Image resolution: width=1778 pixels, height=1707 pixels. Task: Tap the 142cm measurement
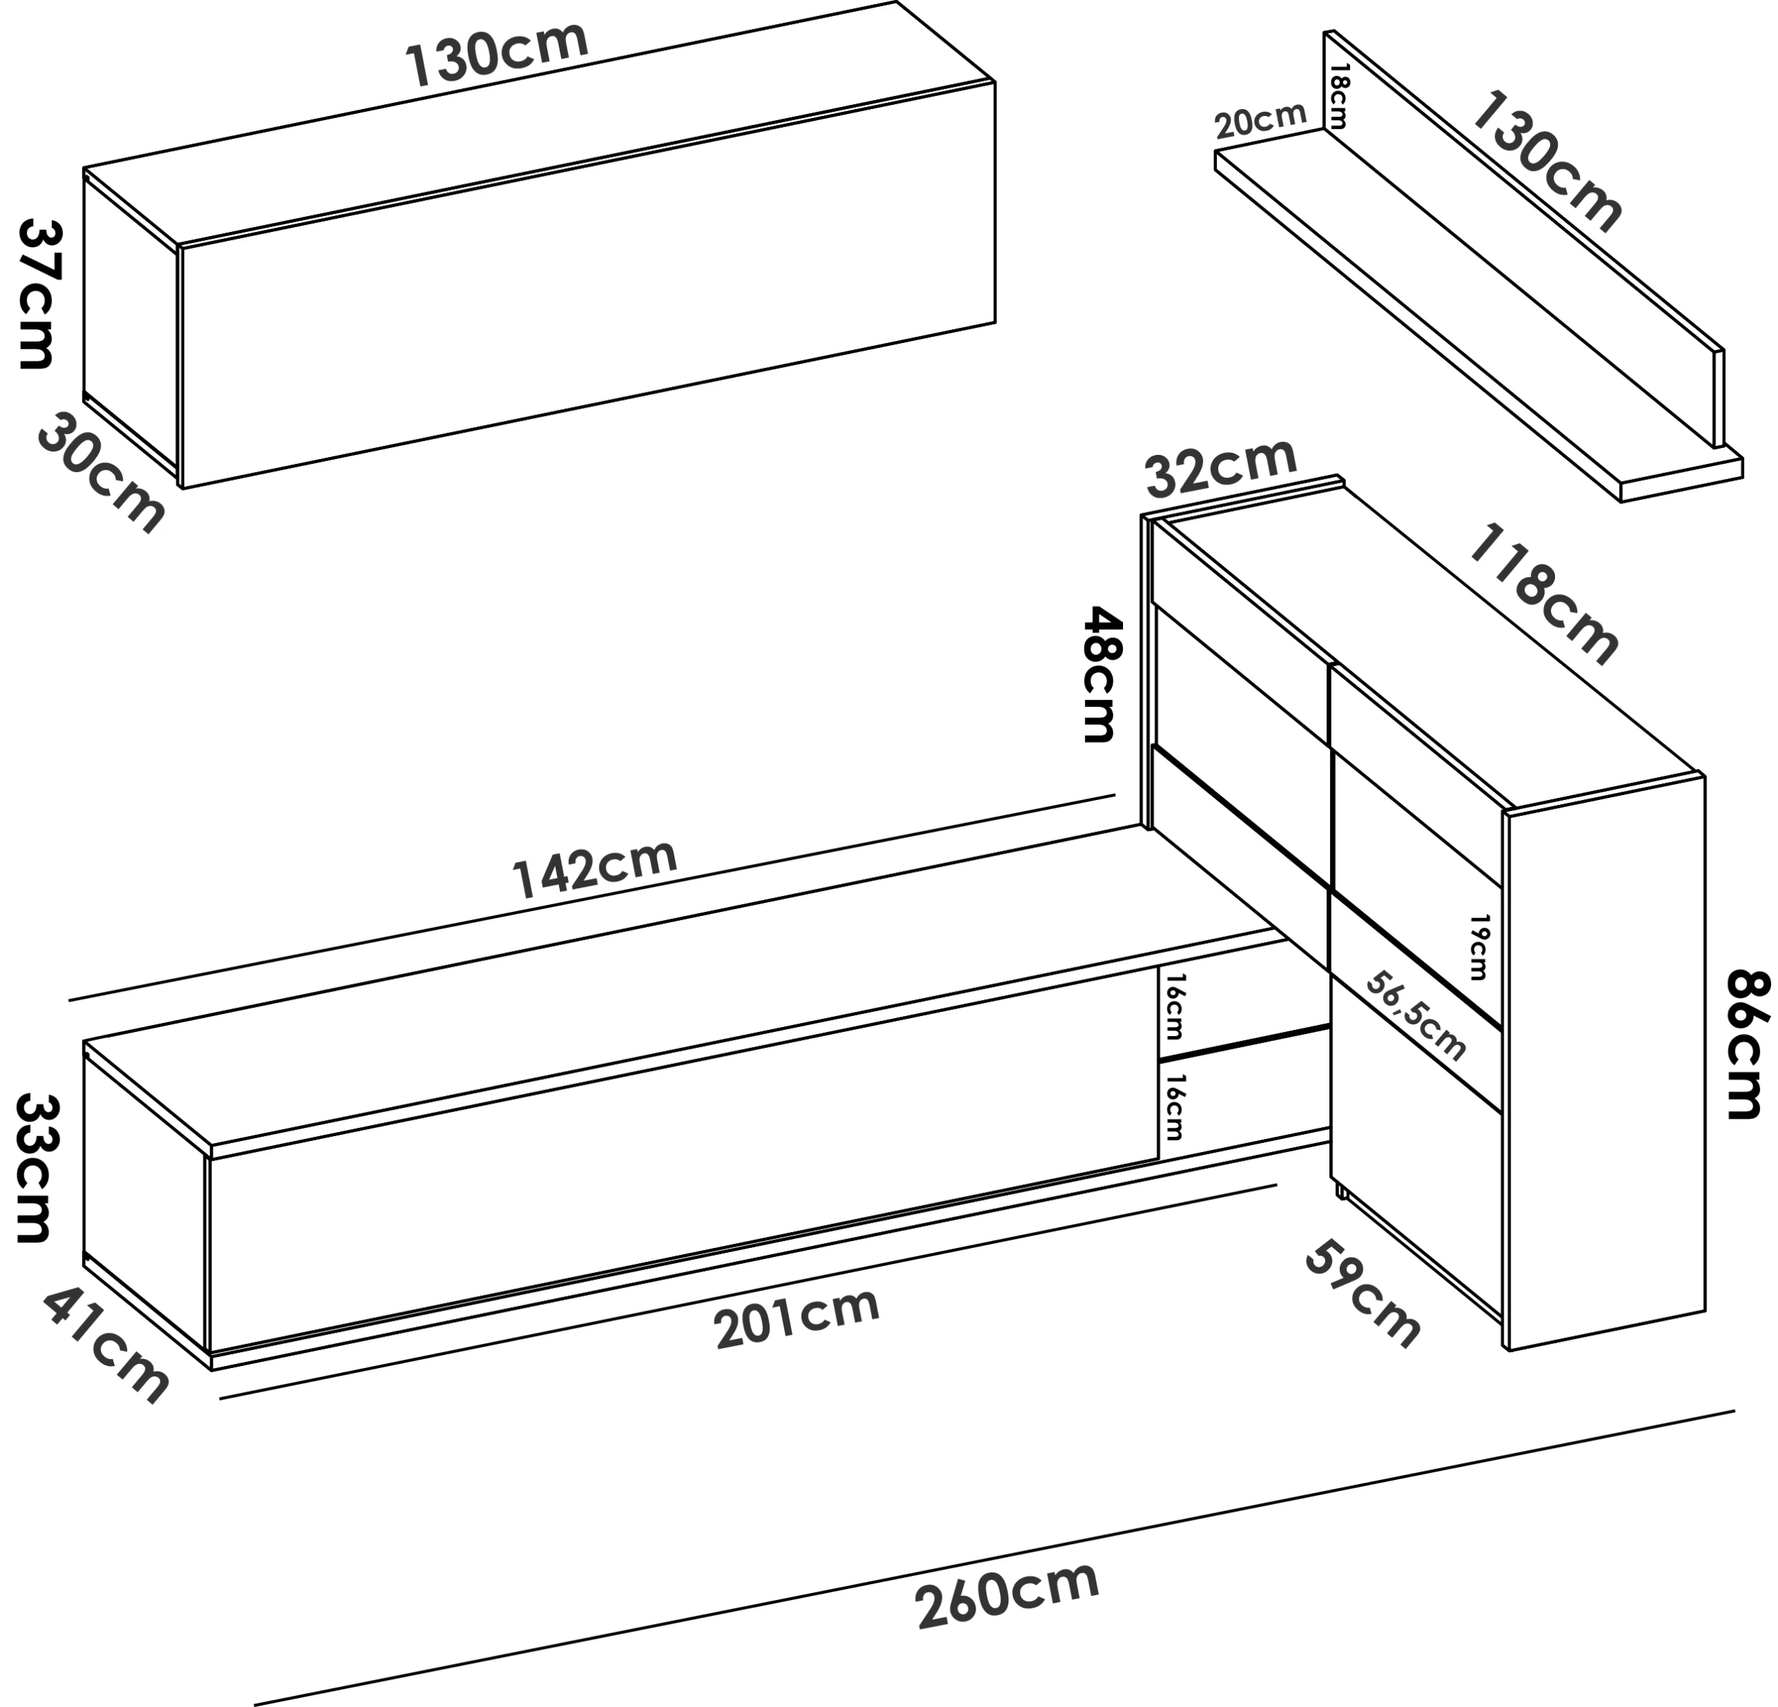(595, 867)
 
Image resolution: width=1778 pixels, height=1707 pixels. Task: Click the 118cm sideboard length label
(1542, 594)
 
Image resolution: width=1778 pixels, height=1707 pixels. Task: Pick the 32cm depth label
(1221, 467)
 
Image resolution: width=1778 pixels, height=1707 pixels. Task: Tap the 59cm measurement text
(1361, 1294)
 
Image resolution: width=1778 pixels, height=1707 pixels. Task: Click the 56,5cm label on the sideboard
(1416, 1016)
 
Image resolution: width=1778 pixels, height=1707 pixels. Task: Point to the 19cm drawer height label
(1479, 948)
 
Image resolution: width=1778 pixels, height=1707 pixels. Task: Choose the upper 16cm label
(1174, 1007)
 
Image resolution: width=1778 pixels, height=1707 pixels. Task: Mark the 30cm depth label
(101, 472)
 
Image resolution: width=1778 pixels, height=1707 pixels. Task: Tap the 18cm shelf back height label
(1339, 95)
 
